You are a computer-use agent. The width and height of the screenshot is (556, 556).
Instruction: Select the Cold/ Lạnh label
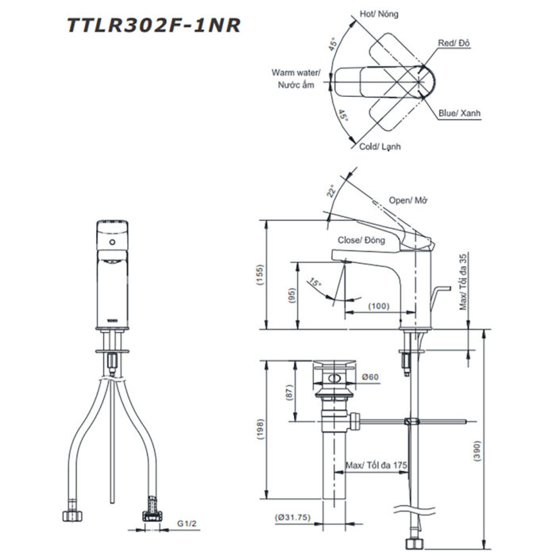[x=380, y=147]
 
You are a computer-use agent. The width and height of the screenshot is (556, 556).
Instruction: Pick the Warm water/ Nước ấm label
[x=295, y=78]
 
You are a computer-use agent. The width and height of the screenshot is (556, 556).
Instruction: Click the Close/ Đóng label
[x=361, y=240]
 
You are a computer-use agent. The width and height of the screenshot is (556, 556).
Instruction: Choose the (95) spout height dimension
[x=292, y=295]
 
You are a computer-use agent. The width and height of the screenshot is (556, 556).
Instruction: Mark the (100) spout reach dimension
[x=377, y=306]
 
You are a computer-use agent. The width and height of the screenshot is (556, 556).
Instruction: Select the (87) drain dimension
[x=292, y=391]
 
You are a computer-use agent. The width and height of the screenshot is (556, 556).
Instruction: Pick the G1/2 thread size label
[x=185, y=524]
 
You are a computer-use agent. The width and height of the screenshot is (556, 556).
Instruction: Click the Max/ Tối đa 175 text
[x=376, y=465]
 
